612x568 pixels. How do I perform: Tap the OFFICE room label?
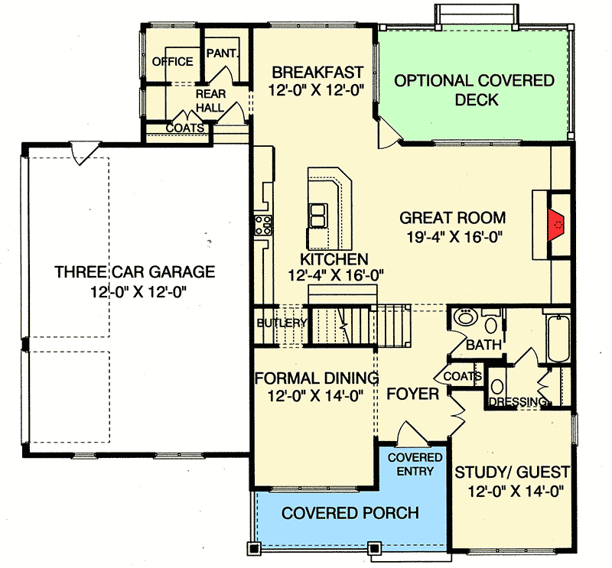(172, 62)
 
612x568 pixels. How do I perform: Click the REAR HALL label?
(210, 100)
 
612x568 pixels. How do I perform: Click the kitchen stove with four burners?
(262, 225)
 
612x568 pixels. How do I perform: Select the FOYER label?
(412, 394)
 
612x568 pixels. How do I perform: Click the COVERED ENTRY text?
(415, 463)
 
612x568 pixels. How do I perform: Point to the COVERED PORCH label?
(350, 512)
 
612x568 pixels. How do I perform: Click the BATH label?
(483, 345)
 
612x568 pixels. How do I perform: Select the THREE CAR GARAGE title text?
(135, 271)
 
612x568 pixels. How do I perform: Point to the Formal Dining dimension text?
(315, 395)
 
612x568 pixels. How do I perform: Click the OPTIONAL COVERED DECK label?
(474, 89)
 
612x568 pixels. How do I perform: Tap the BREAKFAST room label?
(317, 73)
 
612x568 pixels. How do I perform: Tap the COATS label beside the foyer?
(462, 376)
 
